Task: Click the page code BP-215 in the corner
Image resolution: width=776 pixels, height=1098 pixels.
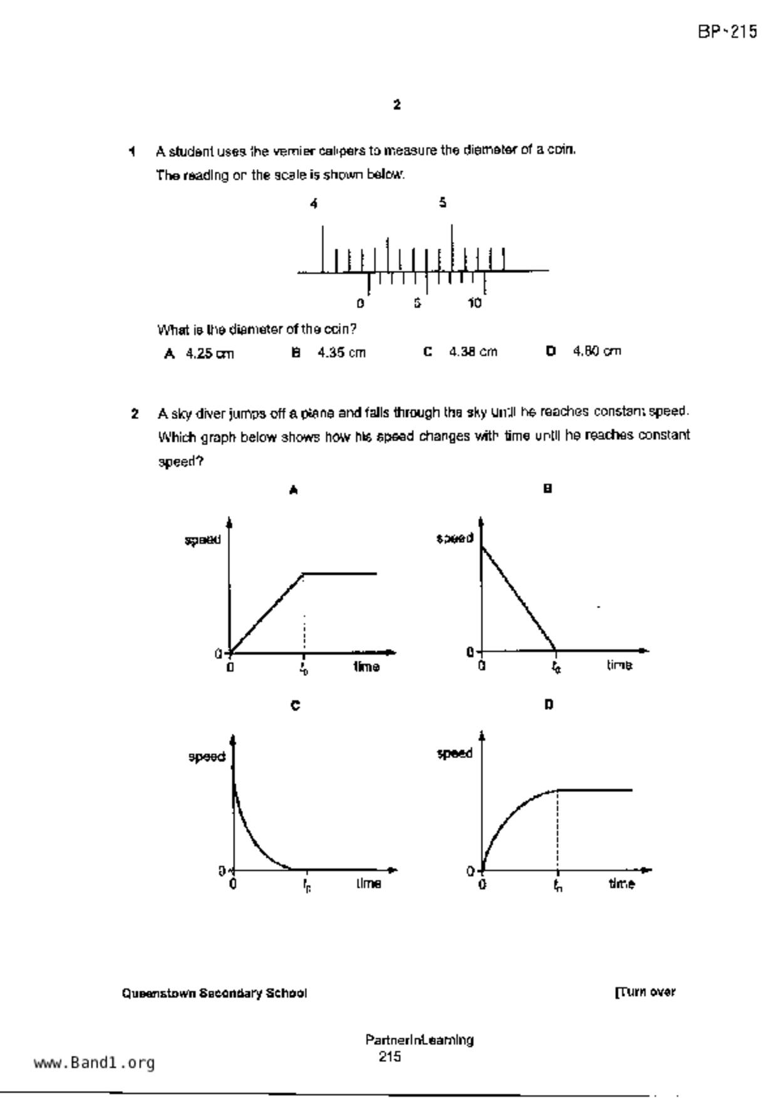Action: pyautogui.click(x=727, y=31)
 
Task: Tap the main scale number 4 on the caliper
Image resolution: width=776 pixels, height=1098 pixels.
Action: pyautogui.click(x=314, y=203)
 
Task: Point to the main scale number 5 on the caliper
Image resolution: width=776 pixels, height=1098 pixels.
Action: pyautogui.click(x=443, y=202)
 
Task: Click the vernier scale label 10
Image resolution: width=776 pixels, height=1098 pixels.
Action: pyautogui.click(x=475, y=304)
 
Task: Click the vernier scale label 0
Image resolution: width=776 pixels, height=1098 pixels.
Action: pyautogui.click(x=360, y=304)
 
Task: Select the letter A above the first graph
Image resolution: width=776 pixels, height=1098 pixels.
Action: pyautogui.click(x=293, y=490)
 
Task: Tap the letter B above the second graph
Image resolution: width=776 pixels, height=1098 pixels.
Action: pyautogui.click(x=547, y=489)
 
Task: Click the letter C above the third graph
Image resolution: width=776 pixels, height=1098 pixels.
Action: pyautogui.click(x=295, y=705)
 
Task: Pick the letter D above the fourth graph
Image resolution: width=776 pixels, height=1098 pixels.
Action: pyautogui.click(x=549, y=705)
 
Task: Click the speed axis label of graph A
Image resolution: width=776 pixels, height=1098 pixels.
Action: pyautogui.click(x=202, y=540)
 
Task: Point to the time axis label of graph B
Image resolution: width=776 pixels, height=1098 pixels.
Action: pyautogui.click(x=619, y=665)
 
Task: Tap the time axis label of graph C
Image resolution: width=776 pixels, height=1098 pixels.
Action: pyautogui.click(x=369, y=883)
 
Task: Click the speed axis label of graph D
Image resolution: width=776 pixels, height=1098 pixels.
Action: pyautogui.click(x=455, y=753)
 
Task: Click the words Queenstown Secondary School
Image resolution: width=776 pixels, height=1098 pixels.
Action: pyautogui.click(x=214, y=993)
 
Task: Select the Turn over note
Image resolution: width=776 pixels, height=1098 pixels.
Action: pyautogui.click(x=645, y=992)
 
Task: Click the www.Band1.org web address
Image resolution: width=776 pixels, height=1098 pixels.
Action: pyautogui.click(x=94, y=1062)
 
